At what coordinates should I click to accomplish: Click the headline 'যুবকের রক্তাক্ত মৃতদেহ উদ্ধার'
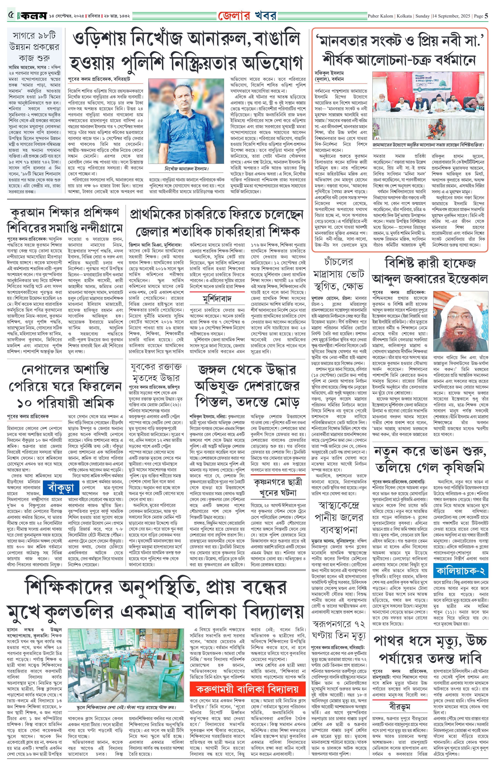click(x=156, y=372)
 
